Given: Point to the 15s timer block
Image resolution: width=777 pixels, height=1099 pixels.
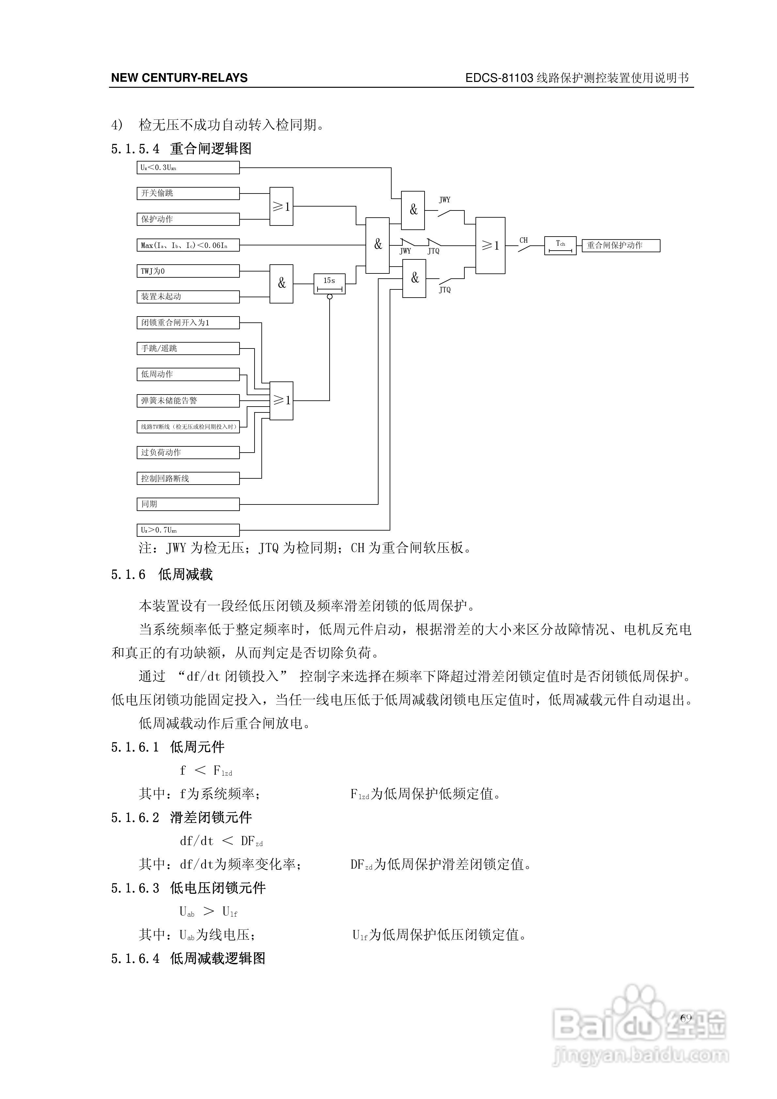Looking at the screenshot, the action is (329, 284).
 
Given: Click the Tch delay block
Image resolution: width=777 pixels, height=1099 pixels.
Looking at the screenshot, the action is (560, 246).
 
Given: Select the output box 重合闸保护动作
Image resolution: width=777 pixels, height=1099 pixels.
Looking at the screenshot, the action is (621, 246).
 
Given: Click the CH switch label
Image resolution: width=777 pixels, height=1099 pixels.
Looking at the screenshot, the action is (524, 240).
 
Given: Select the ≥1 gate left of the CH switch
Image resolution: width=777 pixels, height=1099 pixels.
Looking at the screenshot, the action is (490, 246).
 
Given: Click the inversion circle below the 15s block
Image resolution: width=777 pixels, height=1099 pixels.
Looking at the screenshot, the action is (329, 297).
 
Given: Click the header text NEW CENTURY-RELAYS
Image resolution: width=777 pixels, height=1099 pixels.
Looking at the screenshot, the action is (179, 78).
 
